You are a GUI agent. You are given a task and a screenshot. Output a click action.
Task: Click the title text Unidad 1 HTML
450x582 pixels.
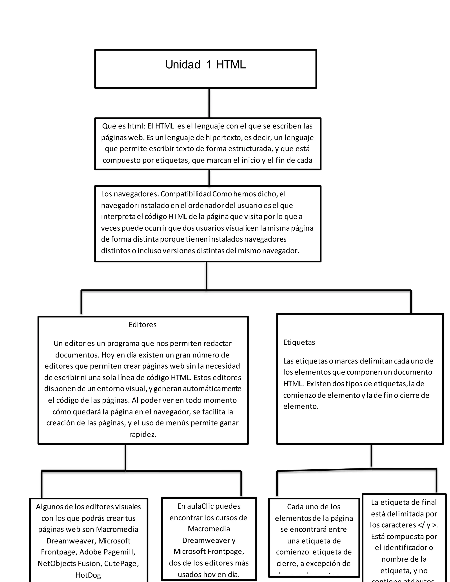(205, 65)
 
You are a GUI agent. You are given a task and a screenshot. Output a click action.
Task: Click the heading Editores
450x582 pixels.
(143, 325)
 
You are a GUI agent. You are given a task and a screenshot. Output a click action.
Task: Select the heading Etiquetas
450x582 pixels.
(299, 342)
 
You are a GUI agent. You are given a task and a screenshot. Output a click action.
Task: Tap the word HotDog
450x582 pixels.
(88, 575)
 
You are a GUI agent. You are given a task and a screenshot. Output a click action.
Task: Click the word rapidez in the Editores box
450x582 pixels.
(143, 435)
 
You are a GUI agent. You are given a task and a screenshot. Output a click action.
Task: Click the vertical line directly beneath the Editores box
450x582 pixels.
(125, 457)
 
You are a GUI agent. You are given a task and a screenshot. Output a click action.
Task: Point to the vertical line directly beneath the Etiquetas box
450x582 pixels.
(371, 456)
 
